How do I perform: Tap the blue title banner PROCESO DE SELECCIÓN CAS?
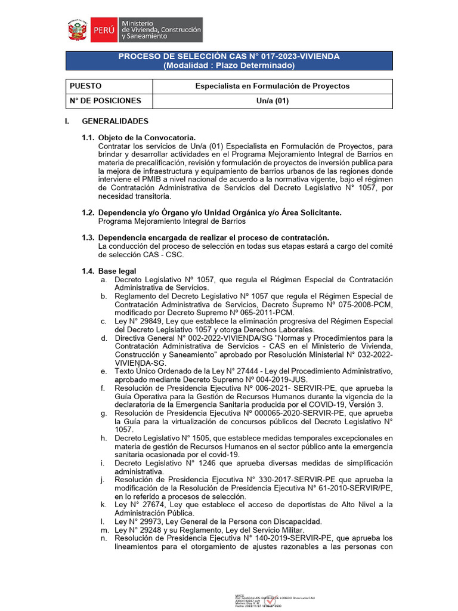[x=229, y=60]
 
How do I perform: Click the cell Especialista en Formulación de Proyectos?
[x=273, y=86]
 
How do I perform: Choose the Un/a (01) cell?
[x=273, y=101]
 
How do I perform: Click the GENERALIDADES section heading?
[x=115, y=121]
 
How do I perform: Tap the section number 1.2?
[x=88, y=212]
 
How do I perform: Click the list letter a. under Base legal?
[x=104, y=280]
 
